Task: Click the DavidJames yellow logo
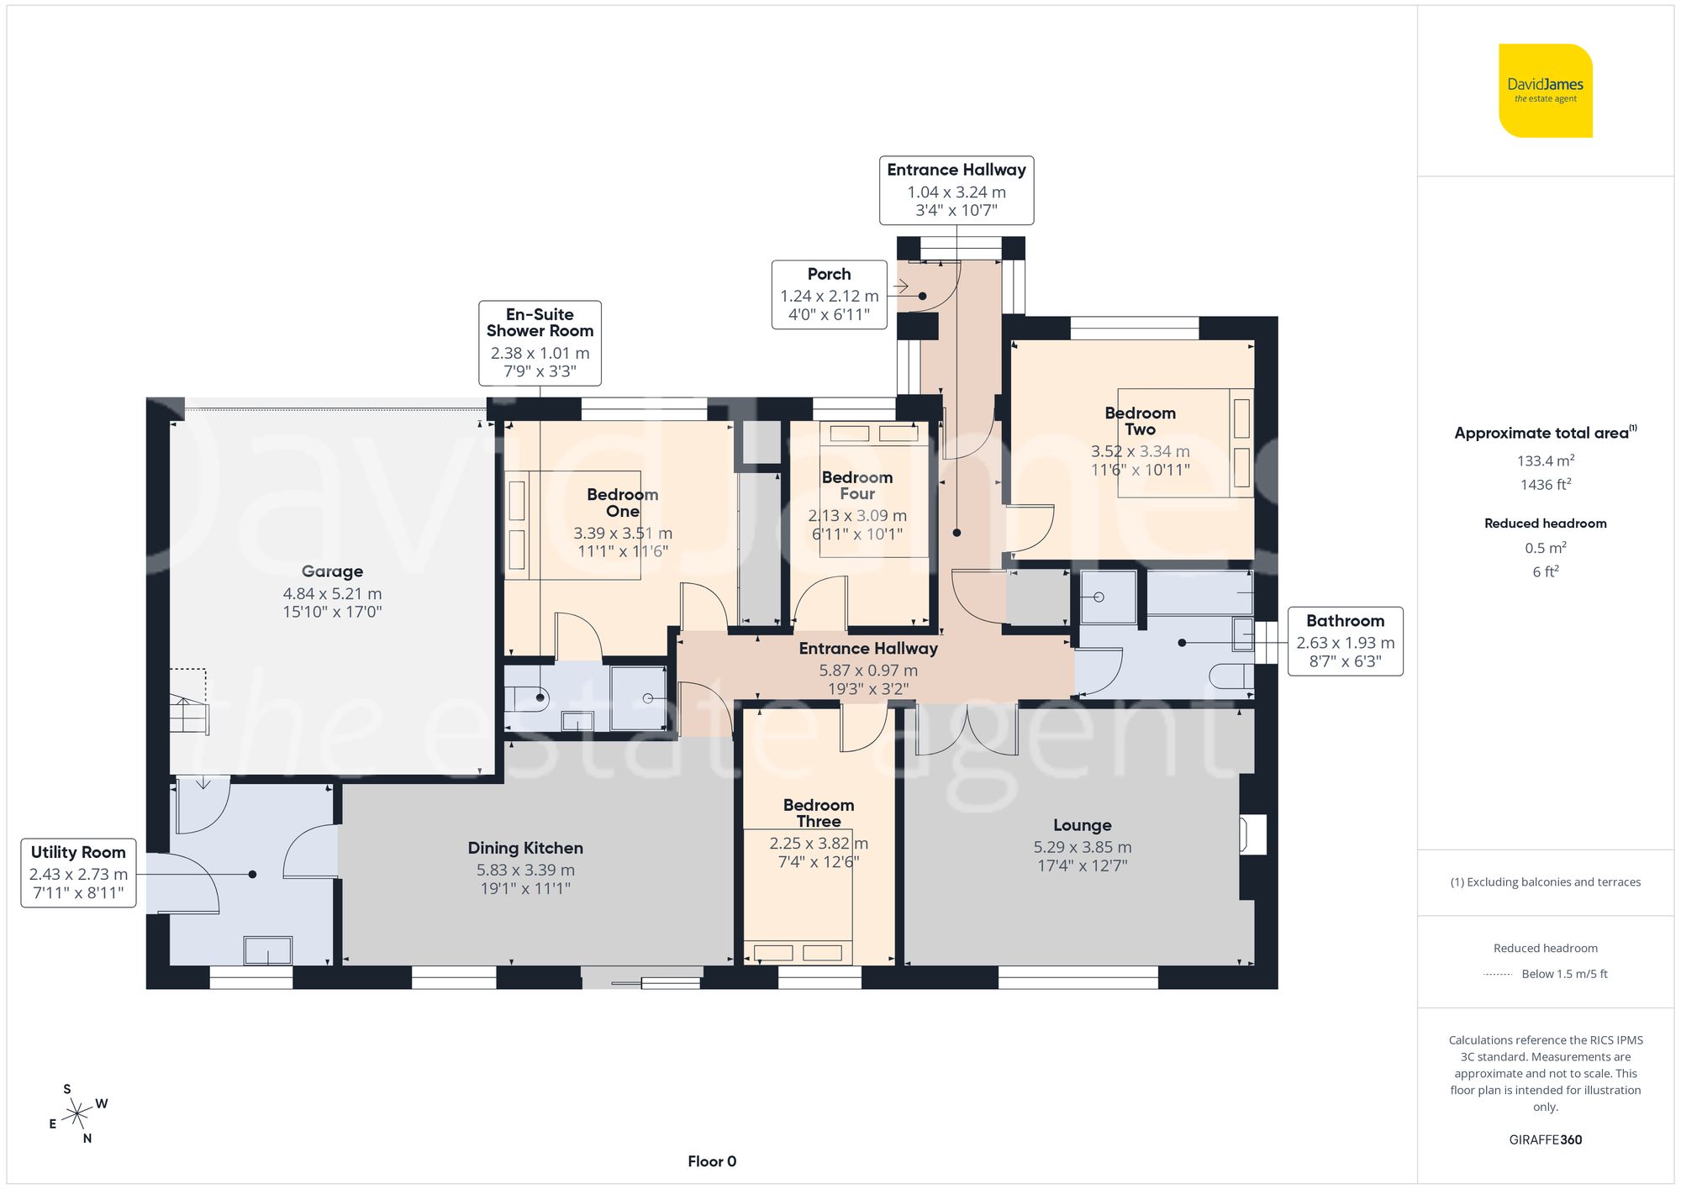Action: [x=1545, y=91]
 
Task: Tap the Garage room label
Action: [x=332, y=571]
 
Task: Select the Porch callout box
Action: [x=829, y=294]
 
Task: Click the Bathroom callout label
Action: [x=1345, y=640]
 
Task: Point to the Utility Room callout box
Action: [x=78, y=872]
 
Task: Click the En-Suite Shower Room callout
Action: [x=540, y=343]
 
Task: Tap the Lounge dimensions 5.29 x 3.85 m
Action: [x=1082, y=847]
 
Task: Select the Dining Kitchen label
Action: [x=525, y=848]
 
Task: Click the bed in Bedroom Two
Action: [x=1185, y=443]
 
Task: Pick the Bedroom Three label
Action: [x=818, y=813]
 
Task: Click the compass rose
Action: [x=77, y=1114]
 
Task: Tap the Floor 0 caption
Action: [x=712, y=1161]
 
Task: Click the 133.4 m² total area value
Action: [x=1545, y=460]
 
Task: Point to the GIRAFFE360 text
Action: [x=1545, y=1139]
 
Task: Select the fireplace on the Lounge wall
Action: [x=1252, y=834]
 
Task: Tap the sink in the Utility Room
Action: [x=267, y=950]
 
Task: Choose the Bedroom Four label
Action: [x=856, y=485]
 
